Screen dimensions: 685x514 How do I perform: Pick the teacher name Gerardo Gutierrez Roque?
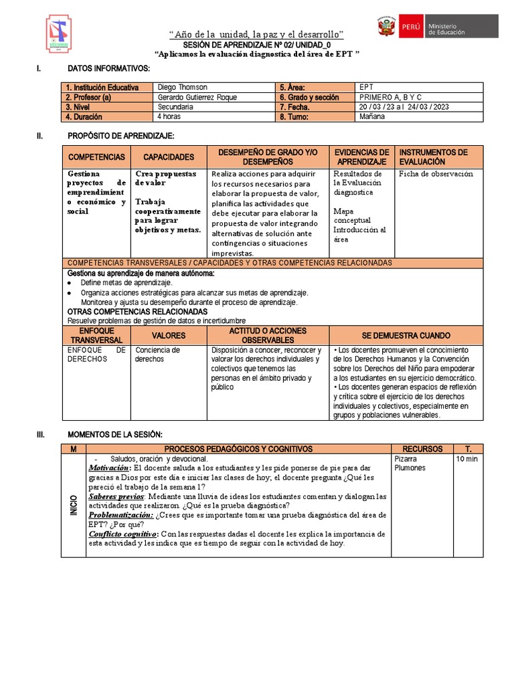pos(197,97)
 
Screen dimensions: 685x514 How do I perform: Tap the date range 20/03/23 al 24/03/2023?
pos(404,106)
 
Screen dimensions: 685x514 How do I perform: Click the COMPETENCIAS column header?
pos(96,157)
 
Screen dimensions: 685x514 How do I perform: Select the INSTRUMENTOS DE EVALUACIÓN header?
pos(433,157)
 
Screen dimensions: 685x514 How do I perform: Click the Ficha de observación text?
pos(436,174)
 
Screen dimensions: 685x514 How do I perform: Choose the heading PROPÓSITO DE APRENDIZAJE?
pos(120,136)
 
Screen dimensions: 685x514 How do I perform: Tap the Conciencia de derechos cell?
pos(158,354)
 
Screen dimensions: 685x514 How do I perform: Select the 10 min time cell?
pos(467,460)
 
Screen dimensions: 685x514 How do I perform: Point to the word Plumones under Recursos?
pos(411,468)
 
